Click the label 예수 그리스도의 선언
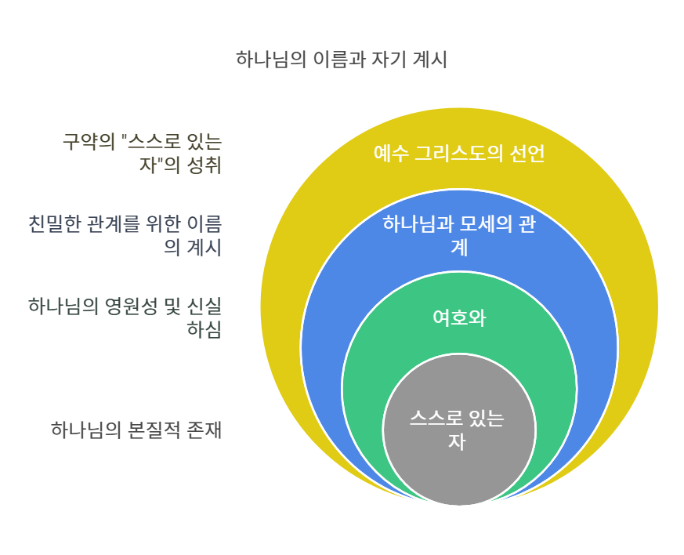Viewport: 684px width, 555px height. tap(458, 153)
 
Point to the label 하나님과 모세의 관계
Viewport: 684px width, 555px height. tap(458, 235)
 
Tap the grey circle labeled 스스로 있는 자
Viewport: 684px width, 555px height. tap(458, 430)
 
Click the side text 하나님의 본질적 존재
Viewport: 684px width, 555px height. tap(136, 430)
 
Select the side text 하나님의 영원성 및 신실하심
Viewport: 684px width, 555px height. tap(125, 317)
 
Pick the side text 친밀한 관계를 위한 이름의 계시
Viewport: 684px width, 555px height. tap(125, 235)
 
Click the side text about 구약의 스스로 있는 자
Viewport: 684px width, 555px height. tap(142, 153)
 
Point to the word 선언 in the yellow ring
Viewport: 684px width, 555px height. tap(527, 153)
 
